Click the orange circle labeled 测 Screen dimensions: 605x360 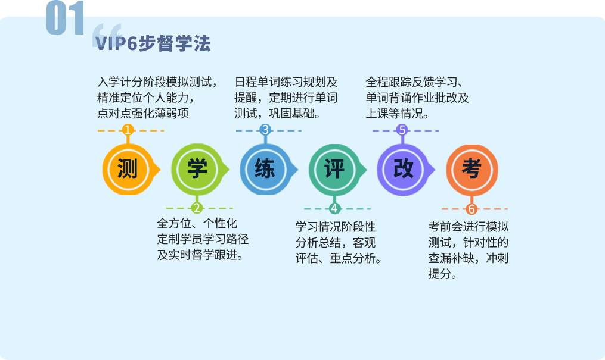(x=128, y=170)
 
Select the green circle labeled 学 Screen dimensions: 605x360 (x=197, y=170)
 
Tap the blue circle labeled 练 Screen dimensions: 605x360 (x=265, y=170)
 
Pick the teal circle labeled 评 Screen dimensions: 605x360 (x=334, y=170)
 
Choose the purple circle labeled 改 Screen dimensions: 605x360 (x=403, y=170)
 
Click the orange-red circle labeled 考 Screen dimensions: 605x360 (x=472, y=170)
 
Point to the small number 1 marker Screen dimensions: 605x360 (x=128, y=130)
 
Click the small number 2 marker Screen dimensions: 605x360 (x=197, y=208)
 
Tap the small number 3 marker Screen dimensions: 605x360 (x=265, y=130)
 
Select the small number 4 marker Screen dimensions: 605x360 (x=334, y=209)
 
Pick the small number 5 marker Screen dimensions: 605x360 (x=402, y=130)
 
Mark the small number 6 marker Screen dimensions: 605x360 (x=471, y=209)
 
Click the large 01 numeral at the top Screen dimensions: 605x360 (x=65, y=18)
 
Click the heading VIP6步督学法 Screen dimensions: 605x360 (x=153, y=43)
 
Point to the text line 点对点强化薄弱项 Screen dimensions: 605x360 (x=143, y=114)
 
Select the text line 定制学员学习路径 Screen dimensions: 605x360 (x=203, y=239)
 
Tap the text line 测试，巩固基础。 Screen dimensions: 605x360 (x=277, y=114)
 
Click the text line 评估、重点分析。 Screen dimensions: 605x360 (x=339, y=258)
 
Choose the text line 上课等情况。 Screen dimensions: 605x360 (x=398, y=114)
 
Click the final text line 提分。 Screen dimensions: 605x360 (x=442, y=274)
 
